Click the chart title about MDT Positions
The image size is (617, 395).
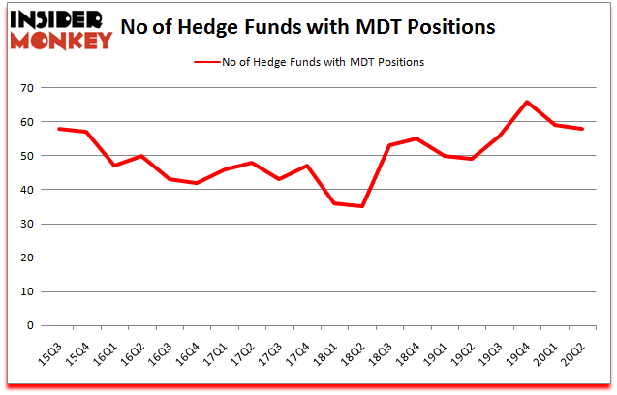tap(309, 27)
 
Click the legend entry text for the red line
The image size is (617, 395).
tap(323, 62)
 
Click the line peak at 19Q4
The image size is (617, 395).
tap(527, 102)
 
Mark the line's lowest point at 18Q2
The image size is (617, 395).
tap(362, 206)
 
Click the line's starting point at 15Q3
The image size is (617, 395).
tap(60, 129)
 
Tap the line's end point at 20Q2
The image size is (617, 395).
tap(582, 129)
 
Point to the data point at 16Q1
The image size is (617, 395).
tap(114, 166)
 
